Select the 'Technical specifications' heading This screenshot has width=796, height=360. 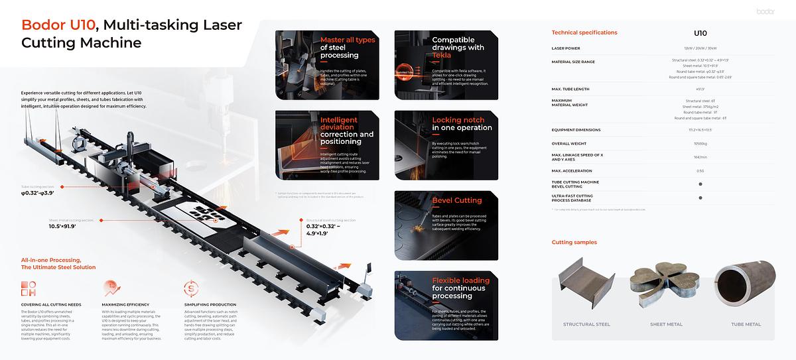click(584, 32)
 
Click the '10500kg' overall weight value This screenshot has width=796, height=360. click(700, 143)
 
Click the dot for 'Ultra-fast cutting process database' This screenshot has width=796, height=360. click(700, 198)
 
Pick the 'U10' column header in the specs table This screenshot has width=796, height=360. click(700, 33)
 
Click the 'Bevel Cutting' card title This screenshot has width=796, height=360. click(457, 200)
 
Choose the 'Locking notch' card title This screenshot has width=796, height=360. click(462, 124)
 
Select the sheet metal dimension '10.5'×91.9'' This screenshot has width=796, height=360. click(62, 227)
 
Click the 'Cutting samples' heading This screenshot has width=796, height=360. click(574, 243)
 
